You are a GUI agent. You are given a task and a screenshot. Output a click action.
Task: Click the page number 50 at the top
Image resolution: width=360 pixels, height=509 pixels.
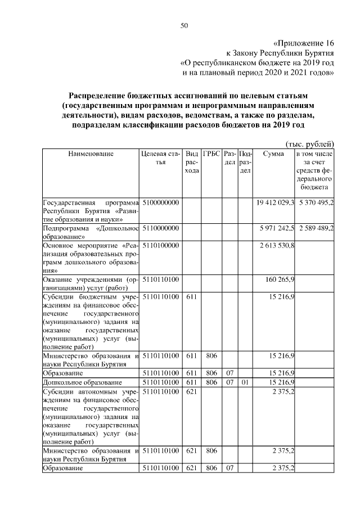pos(184,25)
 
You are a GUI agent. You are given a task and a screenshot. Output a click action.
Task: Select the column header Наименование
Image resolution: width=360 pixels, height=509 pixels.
pos(91,154)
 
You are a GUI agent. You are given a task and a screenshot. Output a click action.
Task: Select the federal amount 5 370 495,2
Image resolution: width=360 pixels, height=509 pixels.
pos(316,202)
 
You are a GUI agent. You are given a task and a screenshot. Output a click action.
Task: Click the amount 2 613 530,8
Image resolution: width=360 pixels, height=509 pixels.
pos(277,245)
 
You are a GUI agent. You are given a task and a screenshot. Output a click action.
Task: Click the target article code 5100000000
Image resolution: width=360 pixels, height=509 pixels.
pos(161,202)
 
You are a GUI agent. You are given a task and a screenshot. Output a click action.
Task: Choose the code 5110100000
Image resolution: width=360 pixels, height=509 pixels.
pos(161,245)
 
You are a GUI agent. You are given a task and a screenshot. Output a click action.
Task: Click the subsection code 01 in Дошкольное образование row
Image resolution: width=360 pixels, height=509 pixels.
pos(244,382)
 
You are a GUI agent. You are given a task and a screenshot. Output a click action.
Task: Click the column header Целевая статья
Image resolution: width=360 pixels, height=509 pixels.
pos(161,157)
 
